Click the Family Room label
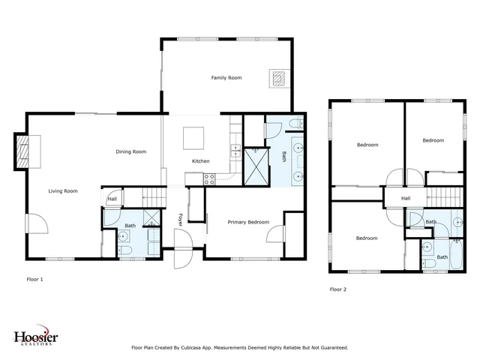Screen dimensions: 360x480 click(x=226, y=78)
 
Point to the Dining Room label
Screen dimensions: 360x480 click(x=130, y=151)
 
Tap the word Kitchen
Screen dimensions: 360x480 click(x=201, y=161)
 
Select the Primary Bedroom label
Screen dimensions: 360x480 click(x=248, y=222)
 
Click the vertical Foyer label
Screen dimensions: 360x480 click(x=180, y=219)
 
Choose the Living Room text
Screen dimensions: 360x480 click(x=63, y=191)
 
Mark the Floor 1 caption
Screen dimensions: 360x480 click(x=35, y=279)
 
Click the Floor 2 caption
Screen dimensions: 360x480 click(x=338, y=289)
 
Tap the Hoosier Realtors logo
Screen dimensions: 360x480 click(x=35, y=339)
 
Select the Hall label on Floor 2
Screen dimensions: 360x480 click(x=406, y=199)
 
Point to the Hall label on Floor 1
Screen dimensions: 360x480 click(x=112, y=199)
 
